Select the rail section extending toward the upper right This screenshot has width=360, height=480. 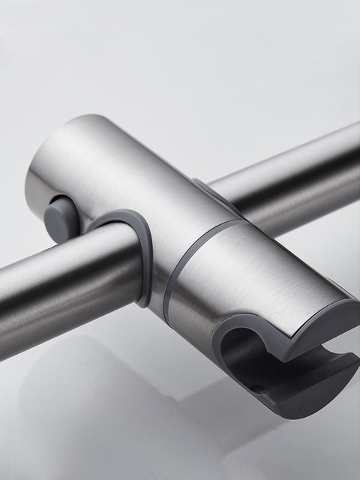point(300,180)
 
